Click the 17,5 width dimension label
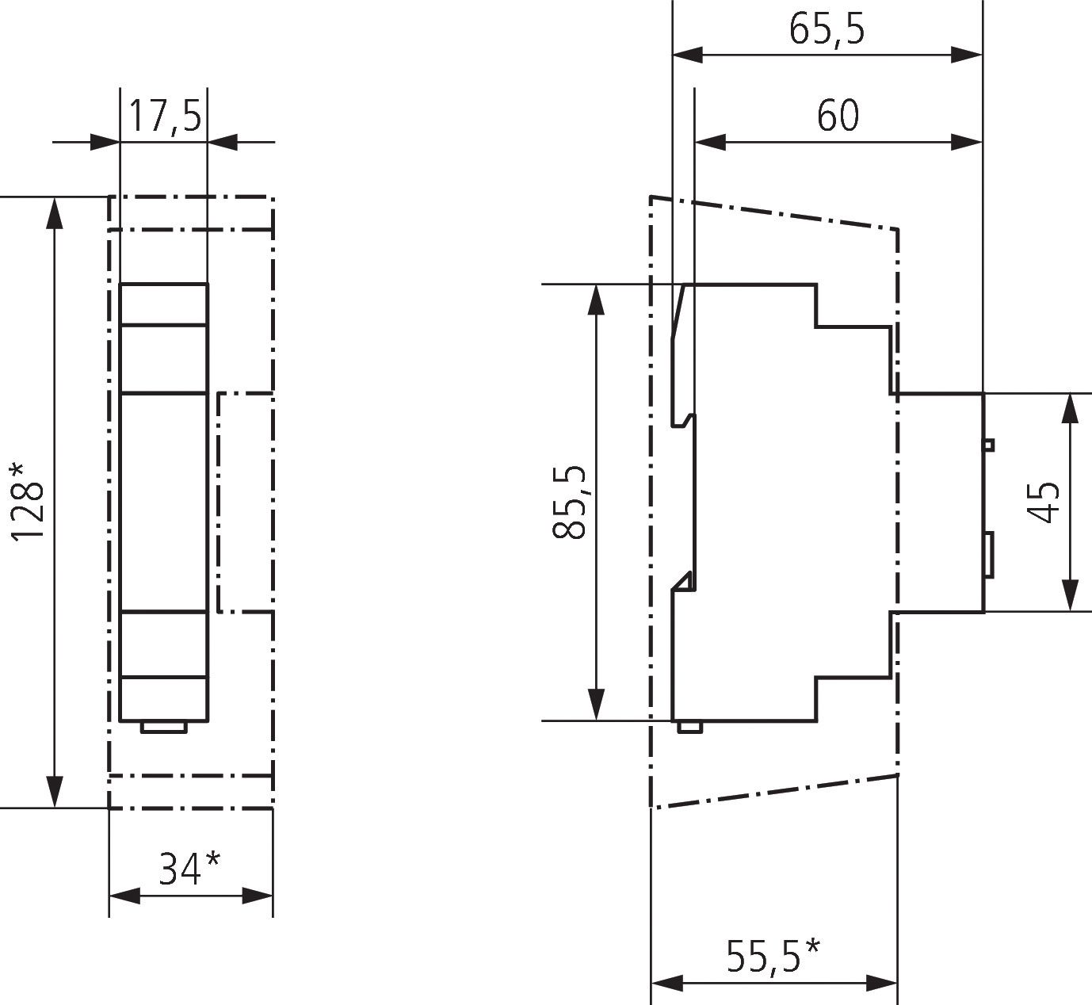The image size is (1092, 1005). [164, 117]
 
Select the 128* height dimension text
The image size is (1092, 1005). [29, 501]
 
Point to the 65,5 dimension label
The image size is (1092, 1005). [827, 29]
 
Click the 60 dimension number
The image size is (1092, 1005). [838, 116]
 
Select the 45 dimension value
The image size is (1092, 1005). [1044, 502]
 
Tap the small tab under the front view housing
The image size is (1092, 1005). [163, 728]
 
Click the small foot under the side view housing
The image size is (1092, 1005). [689, 726]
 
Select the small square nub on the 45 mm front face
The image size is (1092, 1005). [988, 444]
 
